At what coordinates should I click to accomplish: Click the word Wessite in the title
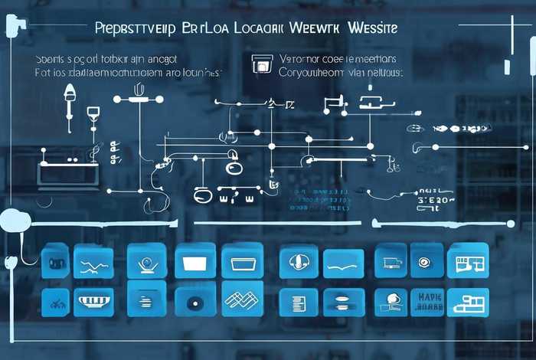coord(371,28)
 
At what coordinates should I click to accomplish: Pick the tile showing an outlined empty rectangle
coord(242,260)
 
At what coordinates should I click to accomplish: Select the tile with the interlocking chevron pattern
coord(242,302)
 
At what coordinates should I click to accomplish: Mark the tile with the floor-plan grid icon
coord(467,261)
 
